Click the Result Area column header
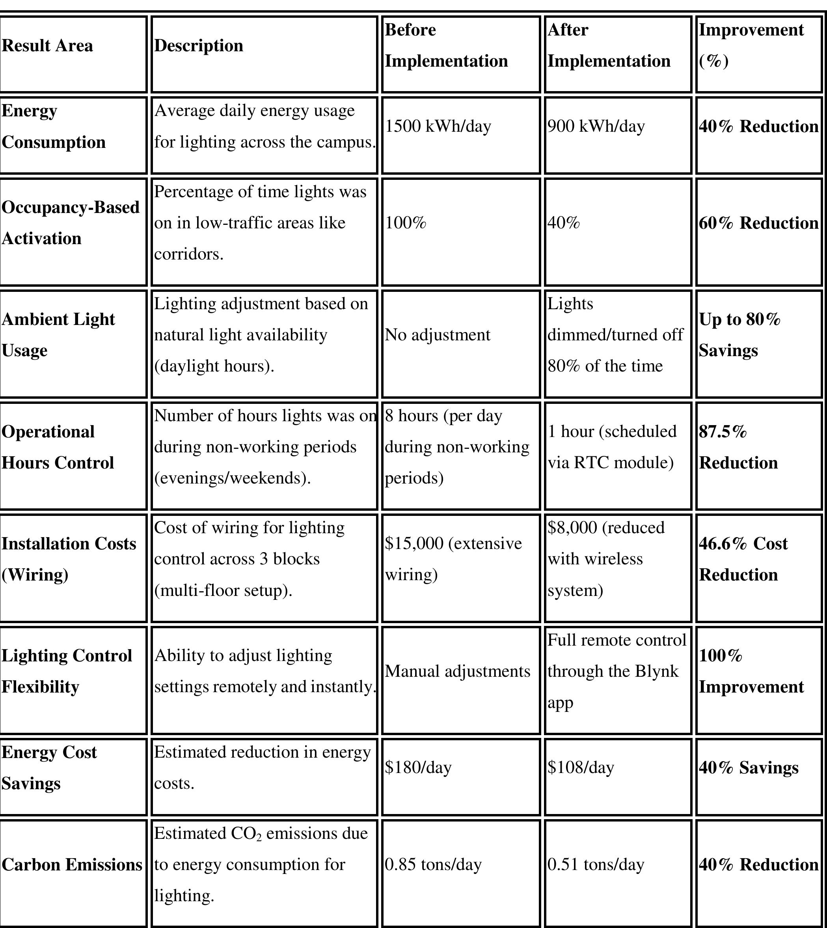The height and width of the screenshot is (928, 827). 47,46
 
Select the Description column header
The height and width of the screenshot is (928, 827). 199,46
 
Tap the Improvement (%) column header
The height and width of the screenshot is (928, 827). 751,45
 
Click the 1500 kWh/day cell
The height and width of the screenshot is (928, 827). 438,126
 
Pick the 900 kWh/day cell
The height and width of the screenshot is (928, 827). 596,126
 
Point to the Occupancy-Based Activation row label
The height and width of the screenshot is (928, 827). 71,223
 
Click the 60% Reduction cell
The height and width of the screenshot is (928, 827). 758,223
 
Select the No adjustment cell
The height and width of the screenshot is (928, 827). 438,335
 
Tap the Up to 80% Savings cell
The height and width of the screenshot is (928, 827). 739,335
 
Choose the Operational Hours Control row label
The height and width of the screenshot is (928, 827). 58,447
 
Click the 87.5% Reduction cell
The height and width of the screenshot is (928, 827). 738,447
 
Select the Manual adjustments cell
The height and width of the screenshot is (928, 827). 457,672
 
